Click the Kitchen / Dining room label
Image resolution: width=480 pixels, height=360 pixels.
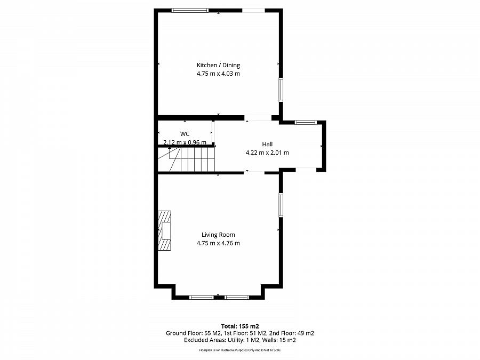tap(218, 65)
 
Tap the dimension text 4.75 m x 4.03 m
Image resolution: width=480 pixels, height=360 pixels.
tap(218, 74)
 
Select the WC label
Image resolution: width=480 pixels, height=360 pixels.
tap(185, 133)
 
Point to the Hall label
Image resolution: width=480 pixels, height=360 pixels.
tap(267, 144)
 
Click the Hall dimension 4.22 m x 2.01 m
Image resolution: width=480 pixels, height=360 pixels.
tap(267, 153)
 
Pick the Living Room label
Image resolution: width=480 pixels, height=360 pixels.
tap(218, 235)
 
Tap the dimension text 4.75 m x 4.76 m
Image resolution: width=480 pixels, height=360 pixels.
tap(218, 243)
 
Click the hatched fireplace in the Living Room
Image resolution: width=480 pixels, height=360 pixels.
tap(164, 230)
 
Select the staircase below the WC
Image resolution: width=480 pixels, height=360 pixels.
tap(192, 158)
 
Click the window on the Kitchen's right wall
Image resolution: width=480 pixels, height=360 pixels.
tap(281, 89)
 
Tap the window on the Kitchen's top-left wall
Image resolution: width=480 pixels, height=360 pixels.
tap(190, 10)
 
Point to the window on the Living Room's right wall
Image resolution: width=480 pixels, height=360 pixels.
tap(281, 205)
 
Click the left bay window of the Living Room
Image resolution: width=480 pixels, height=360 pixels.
tap(202, 297)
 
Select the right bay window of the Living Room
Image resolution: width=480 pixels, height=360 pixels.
tap(236, 297)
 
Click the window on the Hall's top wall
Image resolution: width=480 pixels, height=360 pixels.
tap(306, 123)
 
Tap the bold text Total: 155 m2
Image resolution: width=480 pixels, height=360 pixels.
tap(240, 326)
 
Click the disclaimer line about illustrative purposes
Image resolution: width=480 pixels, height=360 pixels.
tap(240, 350)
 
